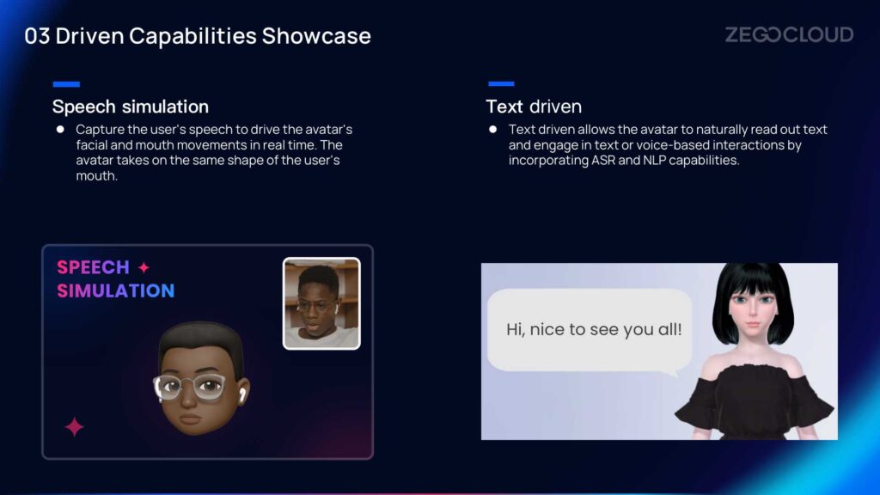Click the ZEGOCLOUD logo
click(789, 34)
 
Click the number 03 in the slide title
click(37, 36)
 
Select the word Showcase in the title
click(316, 36)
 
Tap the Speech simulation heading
click(131, 106)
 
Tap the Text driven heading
click(534, 106)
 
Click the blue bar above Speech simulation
click(66, 84)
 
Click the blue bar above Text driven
click(501, 83)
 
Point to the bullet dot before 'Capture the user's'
click(60, 129)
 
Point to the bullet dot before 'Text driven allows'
click(492, 129)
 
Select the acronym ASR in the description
click(603, 161)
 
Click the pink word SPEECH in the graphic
click(93, 267)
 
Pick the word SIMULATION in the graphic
click(116, 290)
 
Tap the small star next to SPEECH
click(144, 268)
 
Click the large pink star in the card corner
click(74, 427)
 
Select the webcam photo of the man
click(321, 303)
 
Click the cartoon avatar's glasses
click(191, 386)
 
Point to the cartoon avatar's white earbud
click(242, 394)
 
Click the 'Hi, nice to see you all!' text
click(594, 329)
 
